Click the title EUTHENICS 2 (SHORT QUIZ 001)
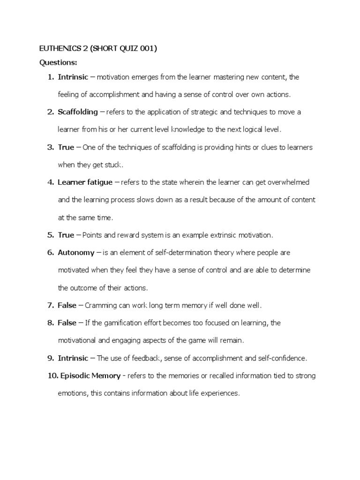(97, 50)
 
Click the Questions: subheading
(58, 62)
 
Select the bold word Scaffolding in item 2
(78, 112)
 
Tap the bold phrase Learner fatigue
(85, 182)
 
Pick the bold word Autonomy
(76, 253)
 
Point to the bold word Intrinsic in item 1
(73, 77)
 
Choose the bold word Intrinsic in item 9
(73, 358)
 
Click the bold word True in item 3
(66, 147)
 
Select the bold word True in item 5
(66, 235)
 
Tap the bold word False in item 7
(67, 306)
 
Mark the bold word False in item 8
(67, 323)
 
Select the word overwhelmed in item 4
(286, 182)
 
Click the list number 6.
(51, 253)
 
